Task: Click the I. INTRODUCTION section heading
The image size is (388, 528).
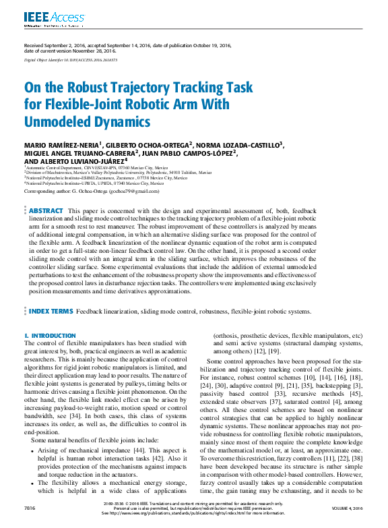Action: (x=50, y=335)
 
